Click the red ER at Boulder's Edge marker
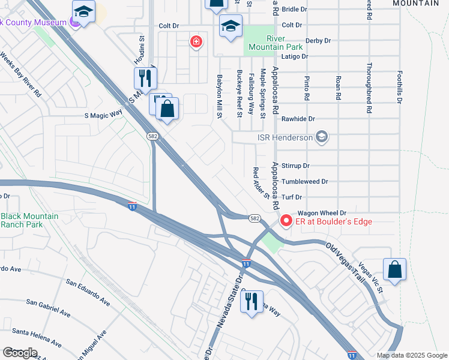point(286,221)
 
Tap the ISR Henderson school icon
point(322,137)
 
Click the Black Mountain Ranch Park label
point(29,220)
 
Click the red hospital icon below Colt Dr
point(195,41)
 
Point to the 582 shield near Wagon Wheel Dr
point(255,218)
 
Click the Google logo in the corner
point(20,353)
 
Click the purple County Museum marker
point(74,23)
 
